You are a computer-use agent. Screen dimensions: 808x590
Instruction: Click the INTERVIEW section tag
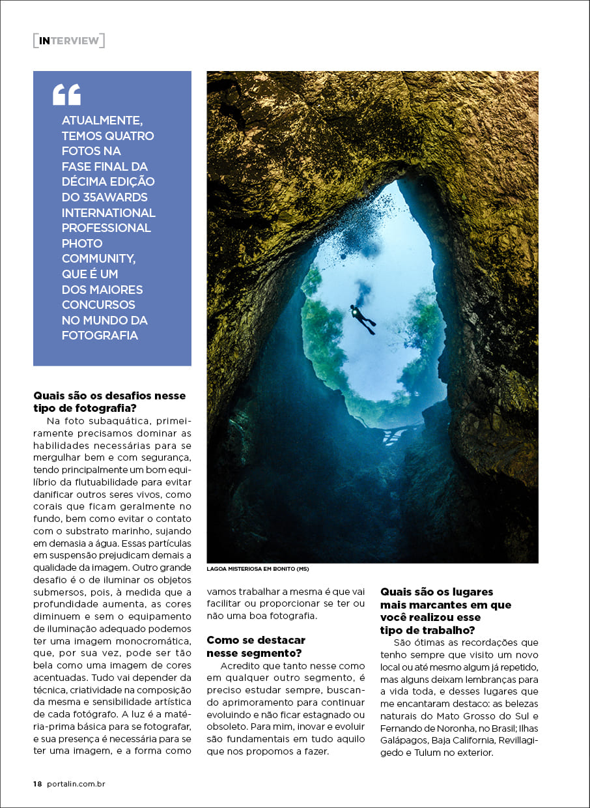(x=68, y=40)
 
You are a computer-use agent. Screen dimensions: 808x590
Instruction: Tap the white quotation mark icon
(x=66, y=94)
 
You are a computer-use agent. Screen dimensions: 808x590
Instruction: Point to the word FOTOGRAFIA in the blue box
(x=100, y=336)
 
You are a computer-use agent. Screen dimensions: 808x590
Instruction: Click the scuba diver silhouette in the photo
(x=363, y=319)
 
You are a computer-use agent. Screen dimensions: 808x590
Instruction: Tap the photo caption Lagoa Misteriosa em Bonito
(x=257, y=569)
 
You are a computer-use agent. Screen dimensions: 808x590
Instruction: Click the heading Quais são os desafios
(x=109, y=401)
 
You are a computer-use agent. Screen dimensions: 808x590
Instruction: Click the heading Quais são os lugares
(x=445, y=611)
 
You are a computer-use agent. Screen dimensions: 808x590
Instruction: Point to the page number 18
(x=37, y=784)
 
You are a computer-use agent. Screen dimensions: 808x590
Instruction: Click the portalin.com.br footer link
(x=76, y=784)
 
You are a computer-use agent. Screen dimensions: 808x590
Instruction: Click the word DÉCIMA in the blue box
(x=85, y=182)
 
